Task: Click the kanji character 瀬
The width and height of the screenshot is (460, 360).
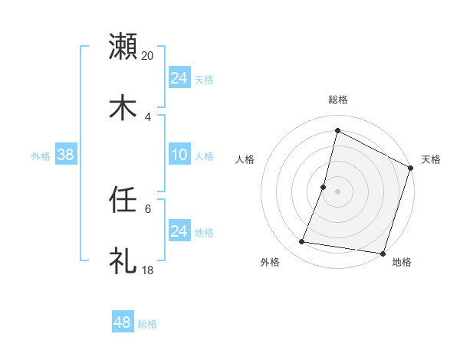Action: tap(123, 47)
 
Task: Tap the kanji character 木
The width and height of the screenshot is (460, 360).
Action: tap(123, 108)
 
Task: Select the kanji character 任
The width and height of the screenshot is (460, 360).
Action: tap(123, 200)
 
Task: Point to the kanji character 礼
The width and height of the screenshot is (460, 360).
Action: tap(123, 261)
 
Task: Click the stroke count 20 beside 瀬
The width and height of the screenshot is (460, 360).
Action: tap(148, 55)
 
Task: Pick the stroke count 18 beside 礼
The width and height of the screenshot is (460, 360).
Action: tap(148, 270)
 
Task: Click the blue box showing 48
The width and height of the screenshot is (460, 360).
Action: tap(122, 322)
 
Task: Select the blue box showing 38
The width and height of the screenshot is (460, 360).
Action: tap(66, 155)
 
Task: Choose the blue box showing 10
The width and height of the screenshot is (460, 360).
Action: tap(179, 155)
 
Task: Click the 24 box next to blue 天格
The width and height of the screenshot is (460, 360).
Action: tap(179, 78)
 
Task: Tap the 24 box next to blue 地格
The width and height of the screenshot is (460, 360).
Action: tap(179, 231)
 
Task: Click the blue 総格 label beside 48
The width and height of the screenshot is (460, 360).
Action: tap(147, 324)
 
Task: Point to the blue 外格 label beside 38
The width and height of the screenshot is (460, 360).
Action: tap(41, 156)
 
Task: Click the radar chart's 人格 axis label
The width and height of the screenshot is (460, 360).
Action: tap(245, 159)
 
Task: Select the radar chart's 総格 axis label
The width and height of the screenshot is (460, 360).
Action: tap(337, 100)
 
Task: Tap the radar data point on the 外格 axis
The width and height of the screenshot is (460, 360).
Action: tap(302, 242)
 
